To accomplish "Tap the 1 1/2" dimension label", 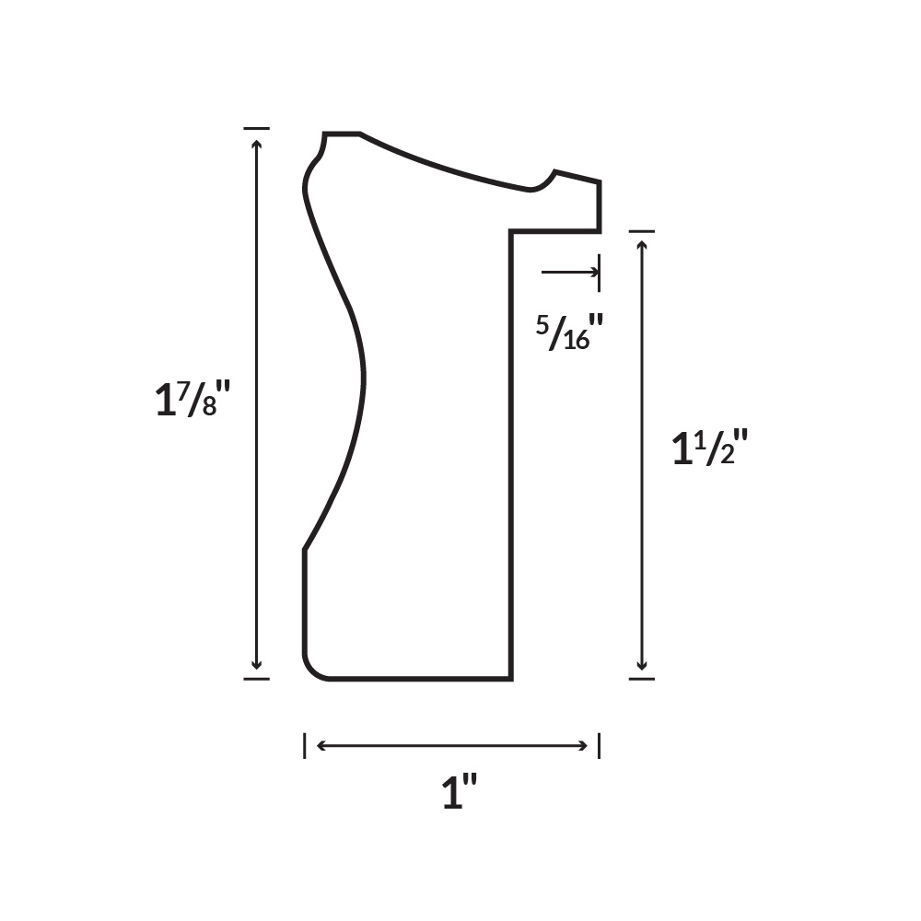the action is point(709,447).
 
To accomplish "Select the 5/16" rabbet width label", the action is point(570,332).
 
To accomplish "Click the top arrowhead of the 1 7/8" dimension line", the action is point(256,144).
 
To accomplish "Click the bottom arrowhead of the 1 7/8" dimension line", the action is point(256,665).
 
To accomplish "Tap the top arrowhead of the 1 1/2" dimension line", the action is point(641,246).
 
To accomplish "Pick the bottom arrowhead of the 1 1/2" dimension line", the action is point(641,665).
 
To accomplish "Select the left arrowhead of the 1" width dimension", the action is point(321,746).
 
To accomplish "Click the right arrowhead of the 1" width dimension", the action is point(583,746).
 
